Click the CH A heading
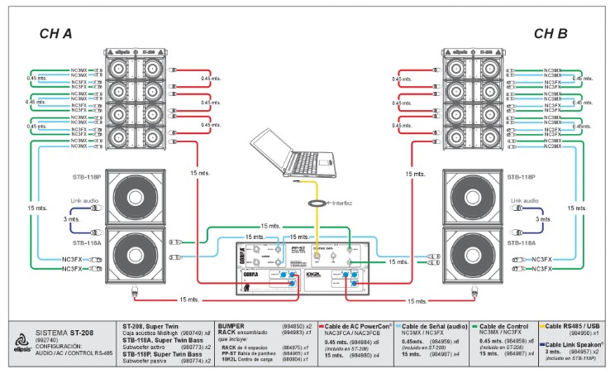[56, 34]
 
